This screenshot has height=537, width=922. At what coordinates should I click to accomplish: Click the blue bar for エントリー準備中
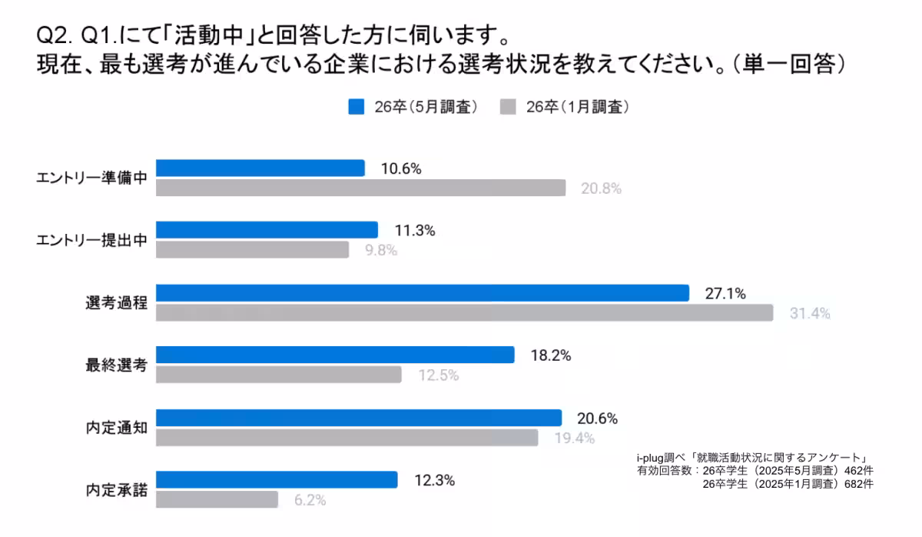point(260,168)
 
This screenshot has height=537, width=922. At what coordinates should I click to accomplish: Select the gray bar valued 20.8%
point(360,188)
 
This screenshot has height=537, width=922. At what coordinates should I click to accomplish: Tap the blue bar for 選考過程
point(422,292)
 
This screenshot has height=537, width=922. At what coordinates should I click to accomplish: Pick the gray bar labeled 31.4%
point(464,312)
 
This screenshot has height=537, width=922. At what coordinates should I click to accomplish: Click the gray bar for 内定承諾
point(217,499)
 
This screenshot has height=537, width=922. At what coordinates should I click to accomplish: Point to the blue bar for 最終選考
point(335,355)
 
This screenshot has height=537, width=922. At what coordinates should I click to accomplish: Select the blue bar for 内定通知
point(359,417)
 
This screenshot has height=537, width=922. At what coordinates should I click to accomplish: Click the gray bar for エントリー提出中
point(252,250)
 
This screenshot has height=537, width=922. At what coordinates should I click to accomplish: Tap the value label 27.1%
point(725,293)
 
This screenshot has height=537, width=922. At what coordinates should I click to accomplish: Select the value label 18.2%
point(551,355)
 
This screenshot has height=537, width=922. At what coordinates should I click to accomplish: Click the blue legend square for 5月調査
point(356,107)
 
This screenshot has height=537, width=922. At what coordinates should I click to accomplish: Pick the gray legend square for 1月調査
point(507,107)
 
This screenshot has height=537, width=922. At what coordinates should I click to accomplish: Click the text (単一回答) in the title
point(789,63)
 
